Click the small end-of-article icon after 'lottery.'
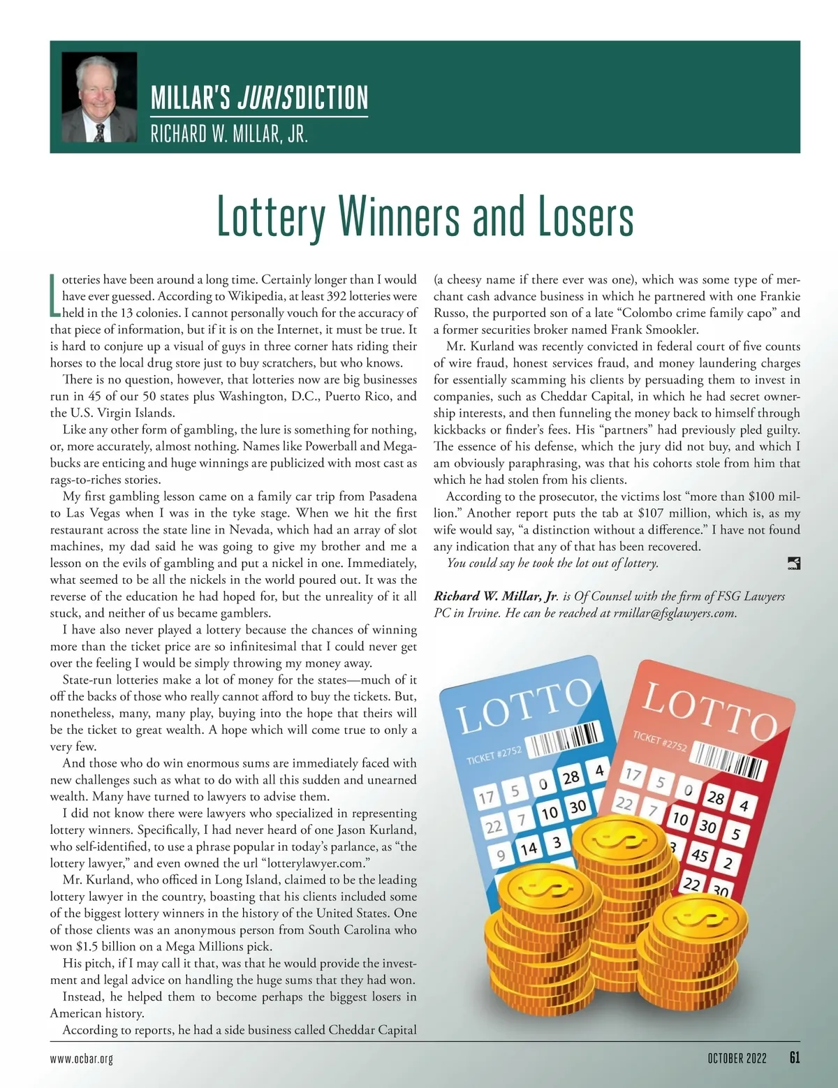pos(793,564)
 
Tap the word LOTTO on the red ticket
pos(708,711)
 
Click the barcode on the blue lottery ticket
pos(564,740)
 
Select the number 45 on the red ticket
pos(699,855)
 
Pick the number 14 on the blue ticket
pos(528,848)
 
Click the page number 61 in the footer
pos(794,1058)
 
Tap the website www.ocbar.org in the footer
pos(82,1059)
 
